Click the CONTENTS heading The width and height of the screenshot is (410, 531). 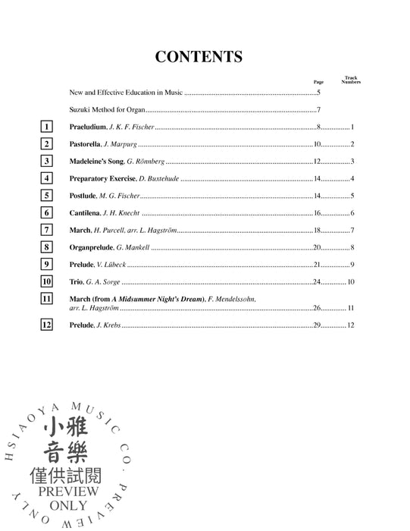199,57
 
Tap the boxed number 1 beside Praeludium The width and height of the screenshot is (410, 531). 48,127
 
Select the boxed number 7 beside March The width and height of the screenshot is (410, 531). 48,230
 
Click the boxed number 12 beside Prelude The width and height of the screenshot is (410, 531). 48,325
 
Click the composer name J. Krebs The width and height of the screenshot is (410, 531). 108,325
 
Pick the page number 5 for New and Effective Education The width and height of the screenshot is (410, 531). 319,93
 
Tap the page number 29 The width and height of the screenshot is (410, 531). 319,325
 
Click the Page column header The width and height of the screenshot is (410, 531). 318,81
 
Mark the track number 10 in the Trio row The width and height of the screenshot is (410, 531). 352,281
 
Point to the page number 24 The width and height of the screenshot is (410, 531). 319,281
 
